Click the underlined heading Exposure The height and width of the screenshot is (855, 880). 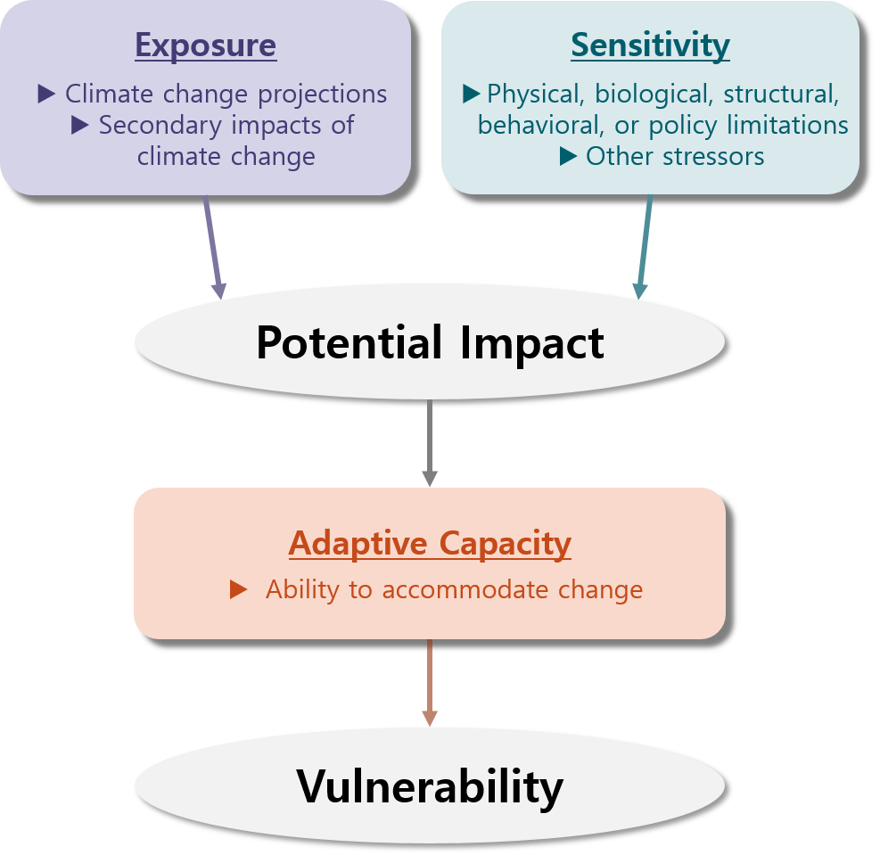point(206,45)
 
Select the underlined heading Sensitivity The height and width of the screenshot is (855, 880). point(650,45)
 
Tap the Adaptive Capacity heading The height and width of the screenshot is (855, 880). point(430,543)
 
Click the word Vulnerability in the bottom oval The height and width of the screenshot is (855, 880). point(430,786)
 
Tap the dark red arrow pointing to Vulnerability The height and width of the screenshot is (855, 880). point(430,682)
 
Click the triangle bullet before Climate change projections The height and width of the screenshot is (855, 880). point(46,94)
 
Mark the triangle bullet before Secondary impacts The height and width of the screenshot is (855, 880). point(80,126)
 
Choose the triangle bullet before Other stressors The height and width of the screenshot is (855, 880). point(568,157)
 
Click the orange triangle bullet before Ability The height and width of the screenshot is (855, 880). point(238,589)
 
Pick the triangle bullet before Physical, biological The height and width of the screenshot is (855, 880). point(472,94)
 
